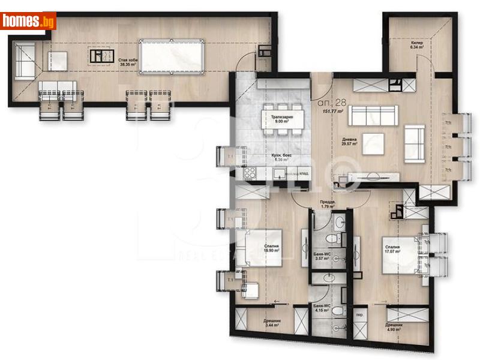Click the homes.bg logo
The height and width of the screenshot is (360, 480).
pos(28,21)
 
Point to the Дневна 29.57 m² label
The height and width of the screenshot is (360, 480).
pos(349,142)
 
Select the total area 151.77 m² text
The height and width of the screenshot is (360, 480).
pos(332,112)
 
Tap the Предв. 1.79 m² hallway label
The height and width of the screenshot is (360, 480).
pos(328,204)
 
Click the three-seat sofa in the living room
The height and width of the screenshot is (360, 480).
pos(373,114)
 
